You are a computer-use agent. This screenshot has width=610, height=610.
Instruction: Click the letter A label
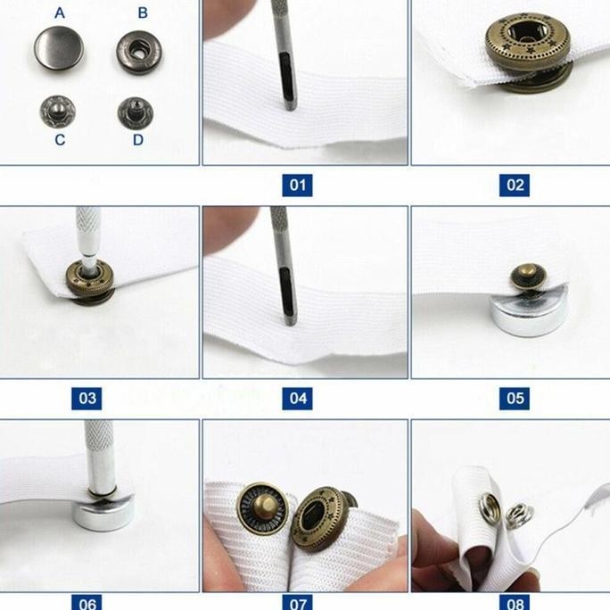(x=60, y=13)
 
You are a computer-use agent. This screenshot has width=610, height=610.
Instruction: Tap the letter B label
(x=143, y=13)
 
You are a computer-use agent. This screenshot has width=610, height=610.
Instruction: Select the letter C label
(x=60, y=140)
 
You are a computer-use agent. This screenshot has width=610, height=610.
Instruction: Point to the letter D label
(x=138, y=140)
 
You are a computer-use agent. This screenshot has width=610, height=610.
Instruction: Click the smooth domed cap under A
(x=59, y=48)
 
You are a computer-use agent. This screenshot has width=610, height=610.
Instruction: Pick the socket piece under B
(x=139, y=53)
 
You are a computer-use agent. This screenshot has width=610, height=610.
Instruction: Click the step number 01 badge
(x=297, y=185)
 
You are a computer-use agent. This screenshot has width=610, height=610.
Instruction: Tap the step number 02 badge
(x=515, y=185)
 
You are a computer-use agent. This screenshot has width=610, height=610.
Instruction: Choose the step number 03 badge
(x=87, y=399)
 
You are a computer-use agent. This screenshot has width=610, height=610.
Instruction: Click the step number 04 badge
(x=297, y=399)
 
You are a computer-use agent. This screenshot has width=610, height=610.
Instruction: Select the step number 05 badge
(x=515, y=399)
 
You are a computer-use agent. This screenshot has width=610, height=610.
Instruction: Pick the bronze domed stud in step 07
(x=262, y=508)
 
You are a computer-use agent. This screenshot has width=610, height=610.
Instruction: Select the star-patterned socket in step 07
(x=317, y=520)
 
